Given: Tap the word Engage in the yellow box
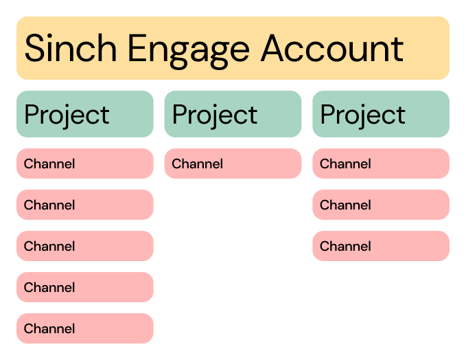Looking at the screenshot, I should (x=183, y=49).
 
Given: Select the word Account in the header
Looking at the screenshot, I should (x=332, y=49).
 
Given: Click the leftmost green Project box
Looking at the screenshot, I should (x=84, y=114).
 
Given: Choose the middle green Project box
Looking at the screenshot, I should (x=233, y=114).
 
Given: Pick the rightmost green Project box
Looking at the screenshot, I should (x=381, y=114).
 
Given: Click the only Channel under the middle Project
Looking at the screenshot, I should (x=233, y=164).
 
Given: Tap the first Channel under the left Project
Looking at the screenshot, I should (x=84, y=164).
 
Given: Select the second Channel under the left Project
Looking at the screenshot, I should (x=84, y=205).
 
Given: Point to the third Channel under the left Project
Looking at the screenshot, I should (x=84, y=246).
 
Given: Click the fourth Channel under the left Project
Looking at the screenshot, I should (x=84, y=287).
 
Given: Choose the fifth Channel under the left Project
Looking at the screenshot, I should (x=84, y=328).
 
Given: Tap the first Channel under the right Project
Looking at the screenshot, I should (x=381, y=164).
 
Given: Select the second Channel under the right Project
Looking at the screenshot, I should (x=381, y=205).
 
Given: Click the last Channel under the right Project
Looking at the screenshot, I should (x=381, y=246).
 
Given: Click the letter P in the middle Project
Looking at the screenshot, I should (x=180, y=115).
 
